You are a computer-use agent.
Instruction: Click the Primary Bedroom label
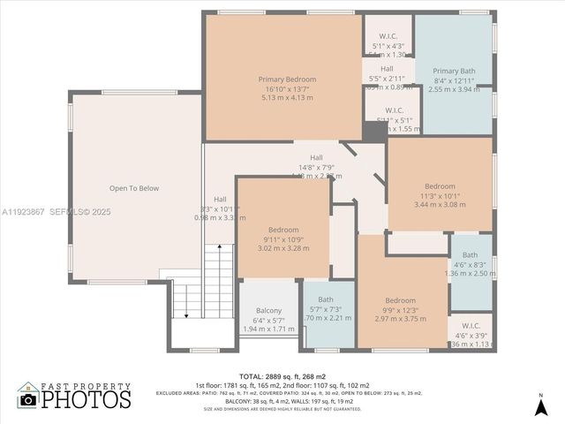tap(287, 79)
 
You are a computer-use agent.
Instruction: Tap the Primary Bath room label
tap(454, 70)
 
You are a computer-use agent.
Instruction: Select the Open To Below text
tap(134, 188)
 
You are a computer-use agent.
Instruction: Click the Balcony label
tap(268, 310)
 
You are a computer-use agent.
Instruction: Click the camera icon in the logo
tap(28, 400)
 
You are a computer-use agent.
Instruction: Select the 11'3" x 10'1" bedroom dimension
tap(440, 195)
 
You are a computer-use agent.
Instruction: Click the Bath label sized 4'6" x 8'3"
tap(470, 255)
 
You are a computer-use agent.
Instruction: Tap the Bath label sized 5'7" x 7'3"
tap(326, 299)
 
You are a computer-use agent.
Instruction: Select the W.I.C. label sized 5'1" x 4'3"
tap(388, 36)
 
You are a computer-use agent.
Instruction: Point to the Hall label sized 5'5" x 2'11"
tap(387, 69)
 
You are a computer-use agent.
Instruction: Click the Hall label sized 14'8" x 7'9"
tap(315, 156)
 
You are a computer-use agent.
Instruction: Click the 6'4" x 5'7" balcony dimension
tap(268, 319)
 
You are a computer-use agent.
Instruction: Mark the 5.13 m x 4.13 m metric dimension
tap(287, 97)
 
